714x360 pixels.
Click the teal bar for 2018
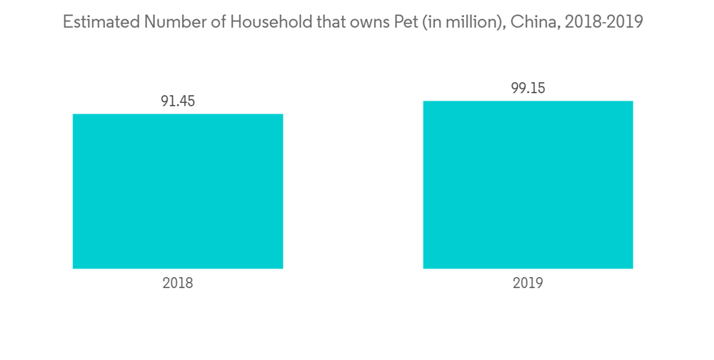[178, 191]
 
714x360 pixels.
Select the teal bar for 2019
[528, 184]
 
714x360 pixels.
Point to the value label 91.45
[178, 101]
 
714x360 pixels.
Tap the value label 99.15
[528, 88]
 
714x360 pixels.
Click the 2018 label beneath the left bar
[178, 283]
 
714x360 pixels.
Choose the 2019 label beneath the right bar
[528, 283]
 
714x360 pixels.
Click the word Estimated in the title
[101, 22]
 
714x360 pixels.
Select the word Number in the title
[175, 22]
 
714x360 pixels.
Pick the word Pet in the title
[398, 22]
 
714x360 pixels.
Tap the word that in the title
[318, 22]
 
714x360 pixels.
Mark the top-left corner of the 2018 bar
[74, 114]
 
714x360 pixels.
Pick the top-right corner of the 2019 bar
[633, 101]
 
